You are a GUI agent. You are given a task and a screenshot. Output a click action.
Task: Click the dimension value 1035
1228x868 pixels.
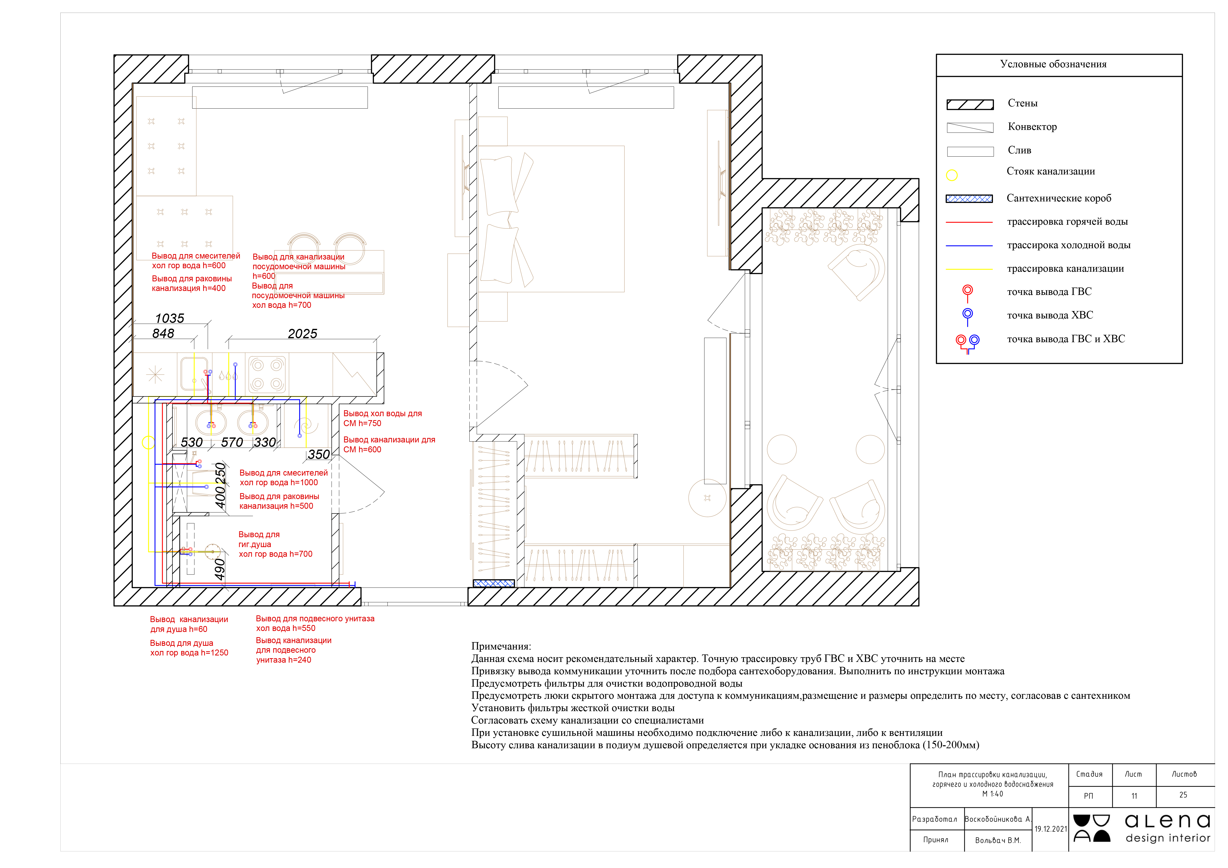click(169, 319)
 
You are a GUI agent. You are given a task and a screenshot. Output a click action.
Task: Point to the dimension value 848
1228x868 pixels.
click(163, 334)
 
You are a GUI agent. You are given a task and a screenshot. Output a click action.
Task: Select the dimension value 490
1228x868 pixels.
click(220, 570)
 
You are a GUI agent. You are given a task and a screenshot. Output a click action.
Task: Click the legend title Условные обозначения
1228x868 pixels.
click(1053, 64)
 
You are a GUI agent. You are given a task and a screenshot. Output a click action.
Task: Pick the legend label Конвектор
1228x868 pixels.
click(1032, 127)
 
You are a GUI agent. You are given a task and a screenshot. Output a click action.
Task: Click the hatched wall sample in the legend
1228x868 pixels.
click(970, 104)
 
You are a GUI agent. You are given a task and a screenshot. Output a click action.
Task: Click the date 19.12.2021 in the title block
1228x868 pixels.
click(1050, 829)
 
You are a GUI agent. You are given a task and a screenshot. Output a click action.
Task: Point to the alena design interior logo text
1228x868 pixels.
click(1168, 828)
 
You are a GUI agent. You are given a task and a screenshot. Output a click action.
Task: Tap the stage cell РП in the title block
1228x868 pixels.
click(1088, 796)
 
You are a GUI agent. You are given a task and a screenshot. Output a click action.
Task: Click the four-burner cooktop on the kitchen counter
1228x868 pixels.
click(267, 374)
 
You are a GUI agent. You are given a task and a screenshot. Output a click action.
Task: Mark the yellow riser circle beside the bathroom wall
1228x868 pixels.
click(148, 442)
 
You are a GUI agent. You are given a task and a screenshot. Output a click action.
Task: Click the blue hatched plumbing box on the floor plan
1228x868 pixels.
click(494, 583)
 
